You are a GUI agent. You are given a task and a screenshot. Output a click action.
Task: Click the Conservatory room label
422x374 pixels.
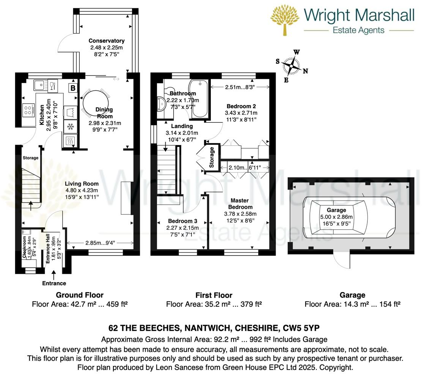pyautogui.click(x=107, y=41)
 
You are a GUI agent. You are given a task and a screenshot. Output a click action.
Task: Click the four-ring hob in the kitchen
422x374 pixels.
pyautogui.click(x=28, y=110)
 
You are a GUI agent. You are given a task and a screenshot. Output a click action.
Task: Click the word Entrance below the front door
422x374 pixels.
pyautogui.click(x=54, y=283)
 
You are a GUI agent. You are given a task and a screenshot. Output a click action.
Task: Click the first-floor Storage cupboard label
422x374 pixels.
pyautogui.click(x=212, y=158)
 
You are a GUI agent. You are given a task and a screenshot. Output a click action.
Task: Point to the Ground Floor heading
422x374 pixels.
pyautogui.click(x=80, y=295)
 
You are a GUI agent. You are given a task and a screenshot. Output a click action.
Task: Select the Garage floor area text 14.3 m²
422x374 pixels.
pyautogui.click(x=331, y=304)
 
